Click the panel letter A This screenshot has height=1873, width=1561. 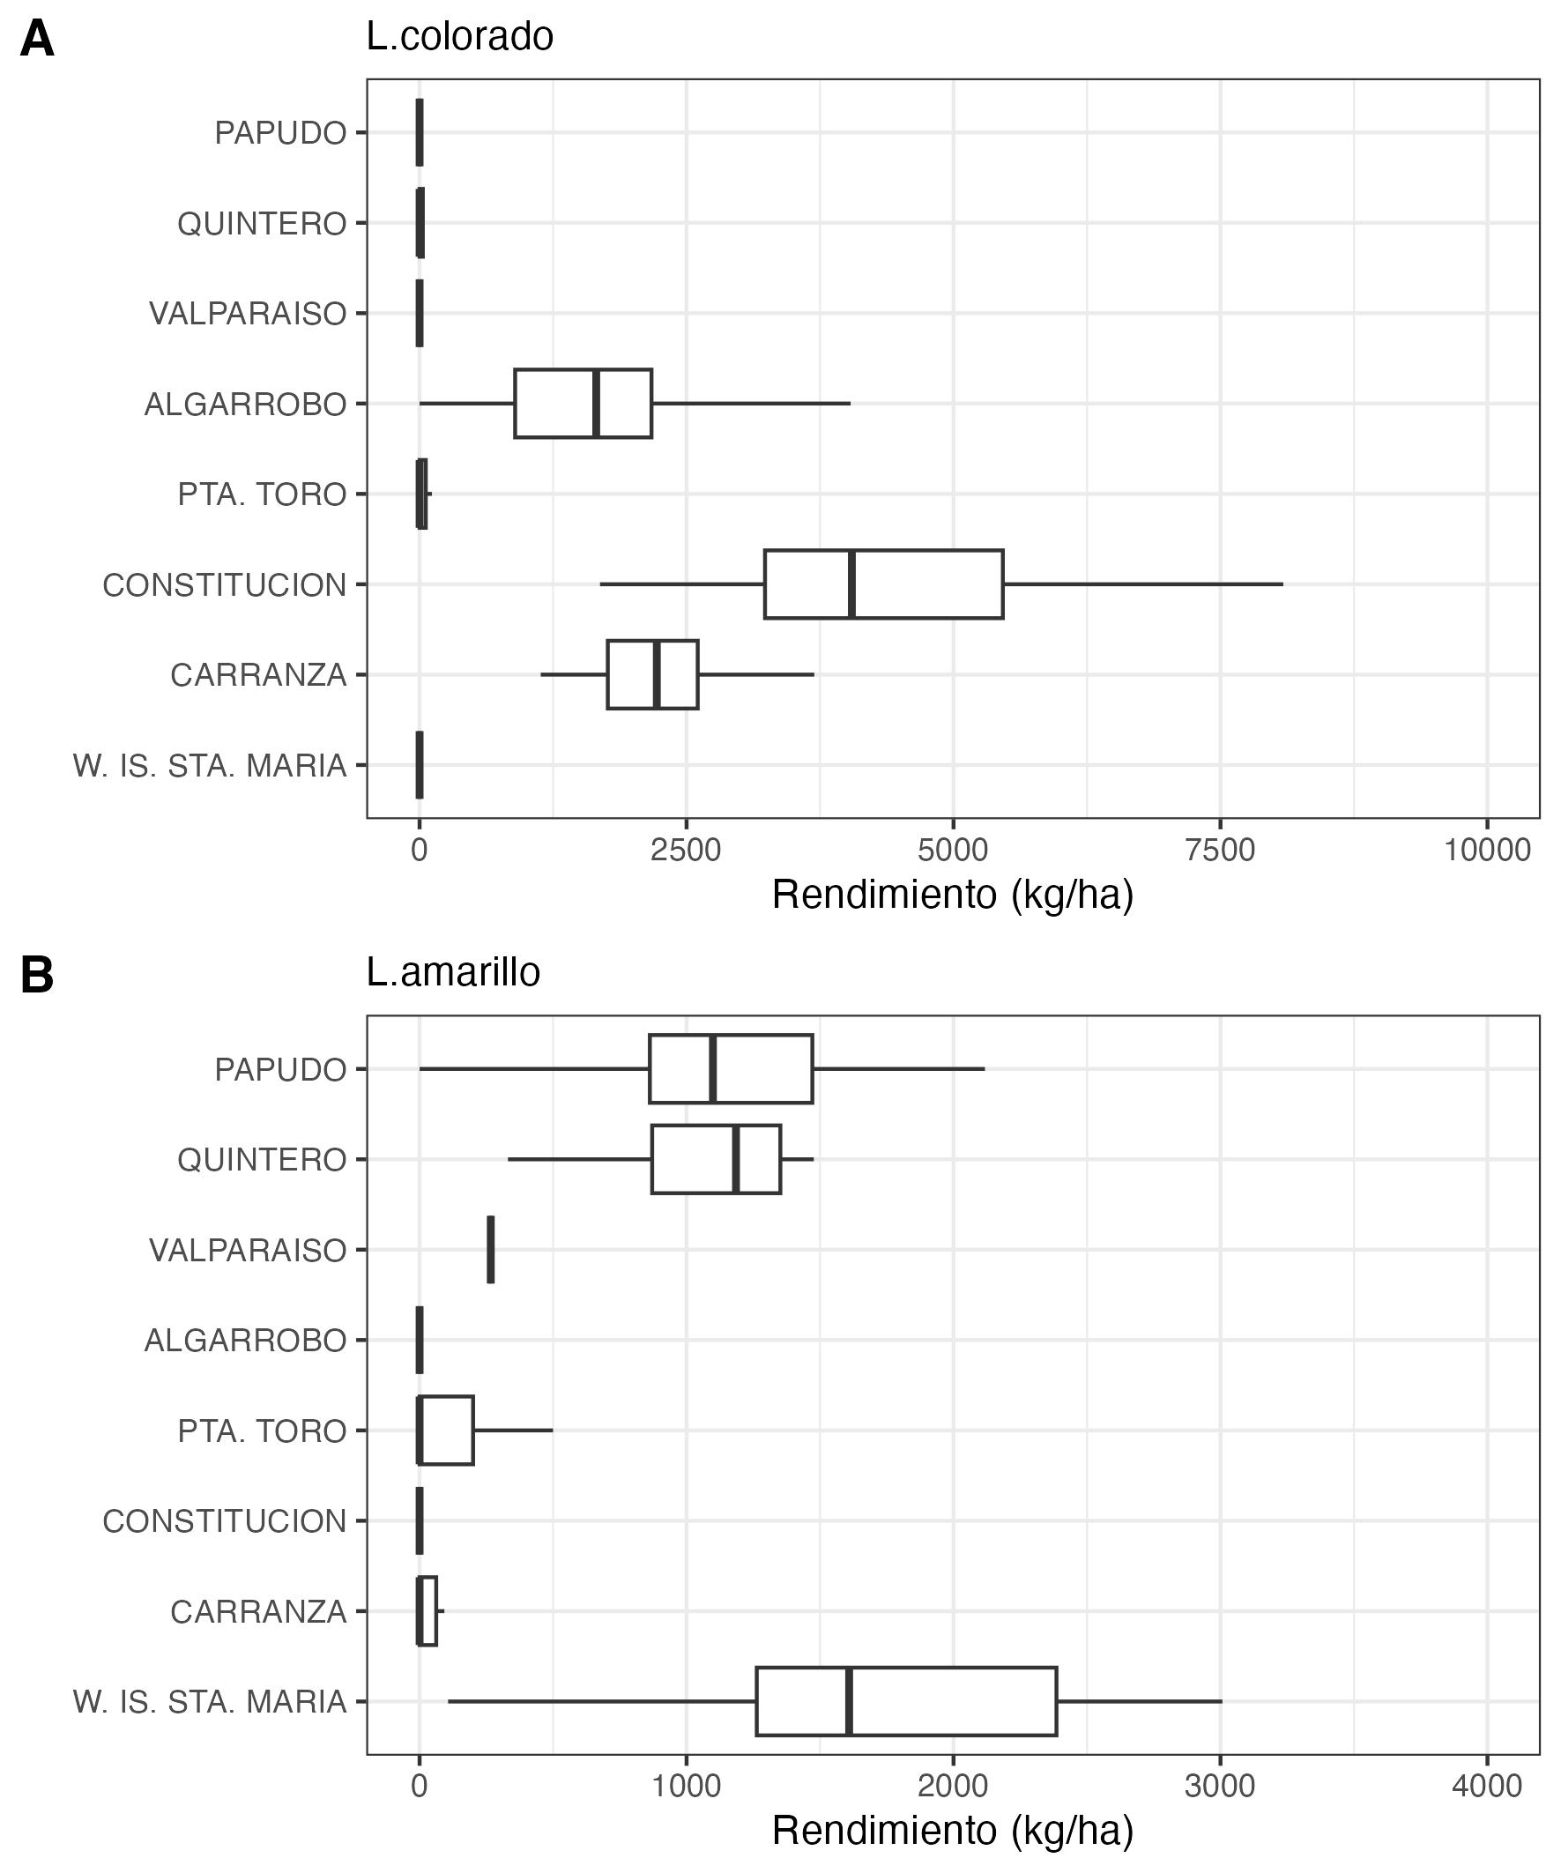[x=36, y=41]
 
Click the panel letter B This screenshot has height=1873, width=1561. [x=36, y=976]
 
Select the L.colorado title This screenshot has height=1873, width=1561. [x=459, y=36]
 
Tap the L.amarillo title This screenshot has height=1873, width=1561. [x=452, y=972]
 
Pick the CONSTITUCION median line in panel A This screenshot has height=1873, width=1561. [x=851, y=584]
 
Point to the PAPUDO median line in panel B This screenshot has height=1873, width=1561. [x=713, y=1068]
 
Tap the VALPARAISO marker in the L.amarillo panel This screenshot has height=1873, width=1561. [x=491, y=1250]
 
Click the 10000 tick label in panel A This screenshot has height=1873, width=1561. [x=1487, y=850]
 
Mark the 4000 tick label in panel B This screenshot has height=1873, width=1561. [x=1487, y=1787]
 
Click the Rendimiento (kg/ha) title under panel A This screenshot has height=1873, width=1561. [x=952, y=895]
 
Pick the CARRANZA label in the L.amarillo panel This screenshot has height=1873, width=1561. [x=257, y=1612]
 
